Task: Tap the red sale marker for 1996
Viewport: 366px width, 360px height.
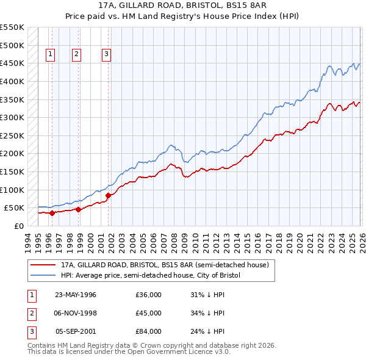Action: (x=52, y=213)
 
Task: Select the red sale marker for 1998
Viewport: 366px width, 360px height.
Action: (x=79, y=209)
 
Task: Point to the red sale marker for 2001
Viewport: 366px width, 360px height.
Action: (x=108, y=195)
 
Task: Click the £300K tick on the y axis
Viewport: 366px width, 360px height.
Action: (x=12, y=117)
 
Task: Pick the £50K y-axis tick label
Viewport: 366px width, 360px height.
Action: (x=15, y=208)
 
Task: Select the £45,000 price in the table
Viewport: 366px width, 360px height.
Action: (x=148, y=313)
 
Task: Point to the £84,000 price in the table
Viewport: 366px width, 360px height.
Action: (x=148, y=331)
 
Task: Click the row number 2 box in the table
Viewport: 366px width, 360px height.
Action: (x=30, y=313)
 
